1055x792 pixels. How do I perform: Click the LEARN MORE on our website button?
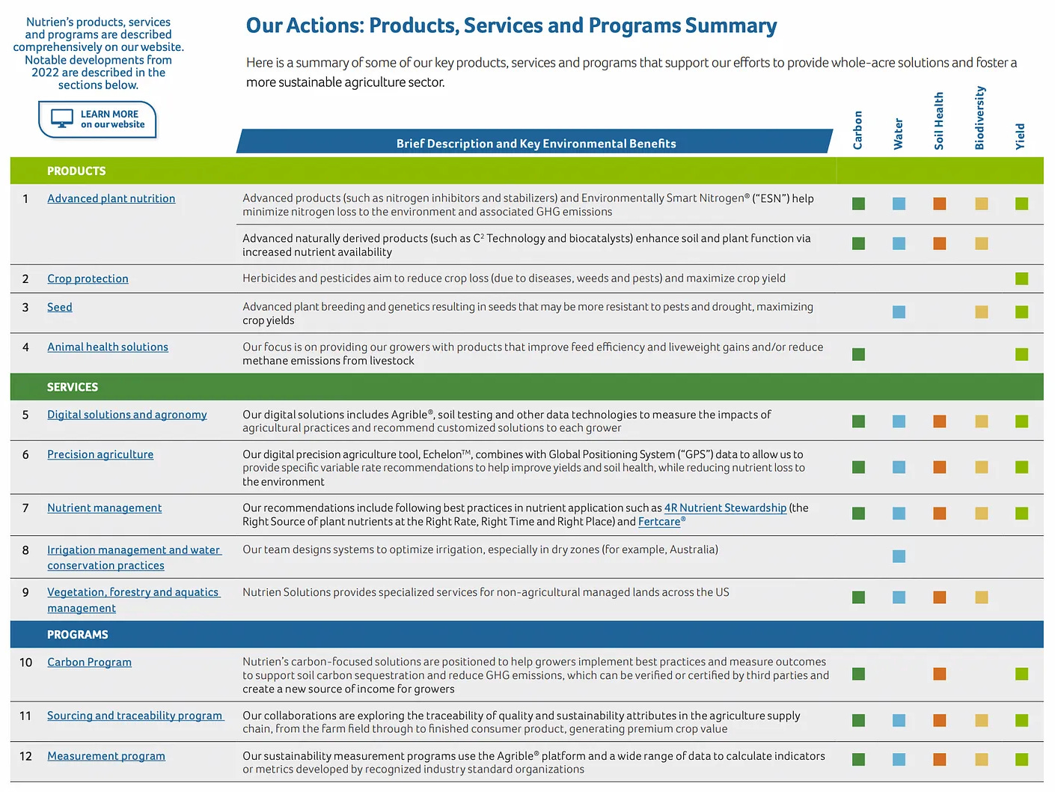point(98,119)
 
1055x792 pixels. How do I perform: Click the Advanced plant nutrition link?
point(111,198)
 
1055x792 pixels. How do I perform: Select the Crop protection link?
point(88,278)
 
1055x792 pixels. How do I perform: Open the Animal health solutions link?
point(108,347)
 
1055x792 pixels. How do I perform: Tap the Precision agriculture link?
point(100,454)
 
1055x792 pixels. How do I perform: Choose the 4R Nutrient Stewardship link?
point(725,508)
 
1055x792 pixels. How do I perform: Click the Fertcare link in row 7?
point(660,522)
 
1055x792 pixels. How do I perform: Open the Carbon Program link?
point(89,662)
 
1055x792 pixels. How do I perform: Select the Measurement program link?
point(106,756)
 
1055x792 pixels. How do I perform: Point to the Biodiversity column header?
point(979,118)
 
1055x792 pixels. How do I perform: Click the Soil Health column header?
point(939,121)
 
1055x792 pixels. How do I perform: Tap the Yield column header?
point(1020,136)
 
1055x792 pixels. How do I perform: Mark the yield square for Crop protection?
point(1021,278)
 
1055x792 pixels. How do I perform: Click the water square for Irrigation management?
point(899,556)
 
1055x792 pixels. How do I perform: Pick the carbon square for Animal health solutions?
point(858,354)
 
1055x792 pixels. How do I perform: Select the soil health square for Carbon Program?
point(940,674)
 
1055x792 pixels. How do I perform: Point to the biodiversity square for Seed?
point(981,312)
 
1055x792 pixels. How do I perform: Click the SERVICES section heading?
point(73,387)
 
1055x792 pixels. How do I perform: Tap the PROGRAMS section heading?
point(77,635)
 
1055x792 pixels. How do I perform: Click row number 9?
point(25,592)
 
